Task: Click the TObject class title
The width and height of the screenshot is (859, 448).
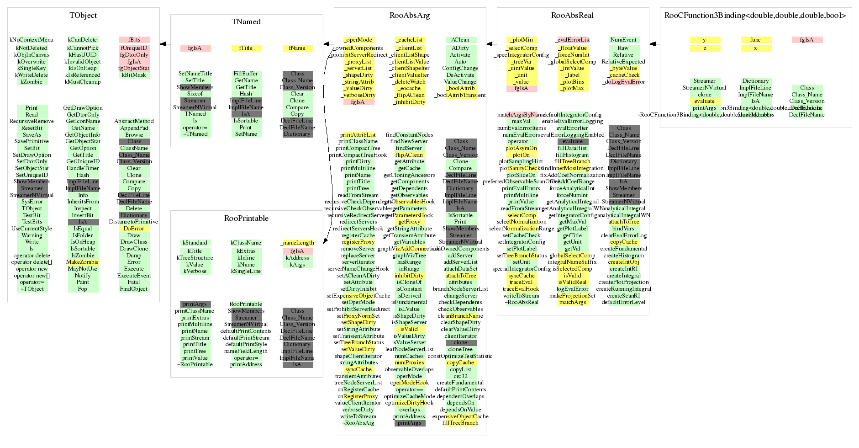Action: (83, 16)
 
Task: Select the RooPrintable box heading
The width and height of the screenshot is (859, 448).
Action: (246, 219)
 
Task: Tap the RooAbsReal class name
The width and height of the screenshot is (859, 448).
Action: (572, 16)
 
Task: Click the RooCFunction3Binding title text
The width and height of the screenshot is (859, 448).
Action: (755, 16)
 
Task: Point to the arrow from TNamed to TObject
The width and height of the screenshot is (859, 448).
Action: (165, 44)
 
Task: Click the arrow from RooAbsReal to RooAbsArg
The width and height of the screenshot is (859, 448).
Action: (491, 44)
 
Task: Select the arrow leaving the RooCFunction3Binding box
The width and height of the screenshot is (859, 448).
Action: (654, 44)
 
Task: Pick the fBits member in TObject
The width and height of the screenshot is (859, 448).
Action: (134, 40)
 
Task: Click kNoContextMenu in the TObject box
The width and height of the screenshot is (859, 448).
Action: (32, 40)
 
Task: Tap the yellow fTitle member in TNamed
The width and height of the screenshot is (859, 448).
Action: (246, 48)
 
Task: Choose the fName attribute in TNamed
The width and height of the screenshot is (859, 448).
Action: (297, 48)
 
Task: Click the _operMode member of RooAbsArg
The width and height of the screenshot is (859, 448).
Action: (358, 40)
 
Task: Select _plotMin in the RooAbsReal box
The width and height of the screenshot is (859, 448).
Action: (522, 40)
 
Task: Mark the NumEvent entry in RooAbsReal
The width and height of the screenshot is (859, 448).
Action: (623, 40)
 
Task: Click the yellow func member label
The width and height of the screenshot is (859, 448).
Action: (755, 40)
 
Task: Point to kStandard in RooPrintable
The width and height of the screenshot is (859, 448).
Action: (195, 243)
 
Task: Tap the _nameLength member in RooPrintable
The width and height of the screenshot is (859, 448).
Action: (298, 243)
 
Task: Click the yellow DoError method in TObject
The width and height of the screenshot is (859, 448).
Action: (134, 229)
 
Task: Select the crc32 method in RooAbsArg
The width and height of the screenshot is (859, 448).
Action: (460, 376)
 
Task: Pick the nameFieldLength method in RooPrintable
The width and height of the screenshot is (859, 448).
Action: (246, 351)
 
